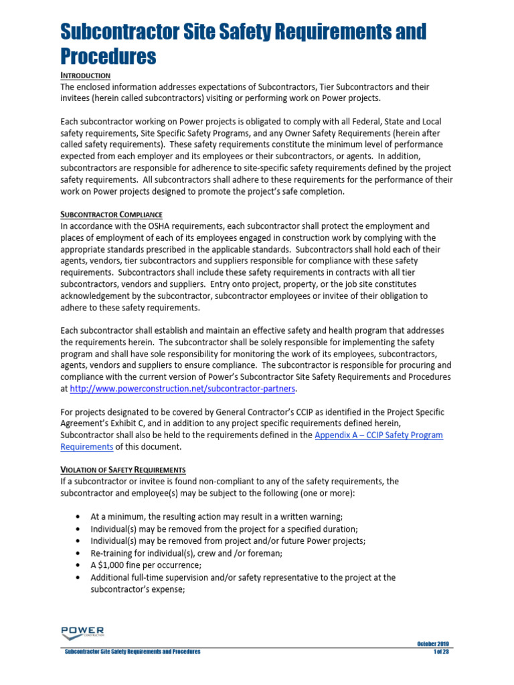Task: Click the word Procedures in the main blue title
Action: pos(108,56)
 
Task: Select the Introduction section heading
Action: pos(86,76)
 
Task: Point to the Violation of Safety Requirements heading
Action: pos(123,469)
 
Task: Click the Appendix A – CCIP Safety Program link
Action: pos(378,435)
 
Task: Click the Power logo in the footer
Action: pos(82,631)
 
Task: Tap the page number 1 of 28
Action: pos(441,652)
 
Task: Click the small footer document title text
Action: pos(132,652)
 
